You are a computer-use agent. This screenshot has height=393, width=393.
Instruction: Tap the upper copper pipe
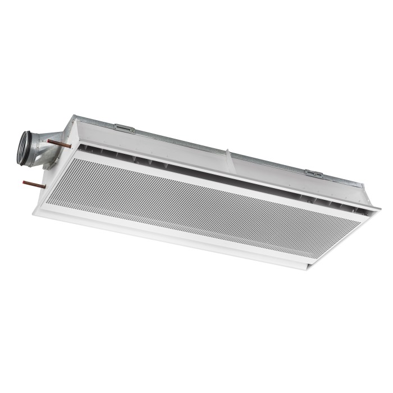(58, 144)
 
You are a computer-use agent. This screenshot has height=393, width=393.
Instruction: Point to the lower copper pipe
(34, 182)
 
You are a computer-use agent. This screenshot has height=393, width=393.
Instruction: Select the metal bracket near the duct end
(124, 129)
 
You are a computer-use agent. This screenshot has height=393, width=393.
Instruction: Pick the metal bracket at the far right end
(314, 174)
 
